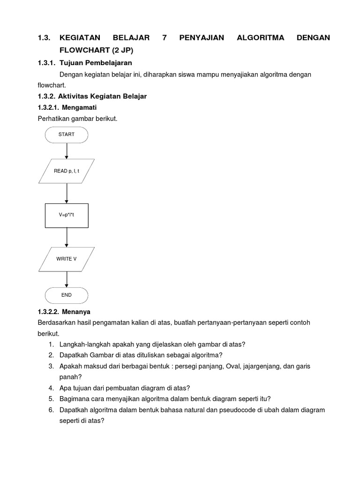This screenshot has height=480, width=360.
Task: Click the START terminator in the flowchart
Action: pyautogui.click(x=67, y=135)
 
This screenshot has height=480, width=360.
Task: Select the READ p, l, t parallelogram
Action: pyautogui.click(x=67, y=171)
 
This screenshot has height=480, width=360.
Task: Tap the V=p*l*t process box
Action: pyautogui.click(x=67, y=215)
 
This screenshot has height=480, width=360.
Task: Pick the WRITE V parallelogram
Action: pyautogui.click(x=67, y=259)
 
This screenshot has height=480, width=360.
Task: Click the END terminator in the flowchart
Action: pyautogui.click(x=67, y=295)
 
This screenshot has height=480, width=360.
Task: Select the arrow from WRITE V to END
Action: pyautogui.click(x=67, y=279)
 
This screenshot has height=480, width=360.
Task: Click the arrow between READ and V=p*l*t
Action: pyautogui.click(x=67, y=193)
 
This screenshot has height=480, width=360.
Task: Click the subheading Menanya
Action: pyautogui.click(x=77, y=311)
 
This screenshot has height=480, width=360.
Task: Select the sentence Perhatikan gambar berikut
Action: pyautogui.click(x=77, y=119)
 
